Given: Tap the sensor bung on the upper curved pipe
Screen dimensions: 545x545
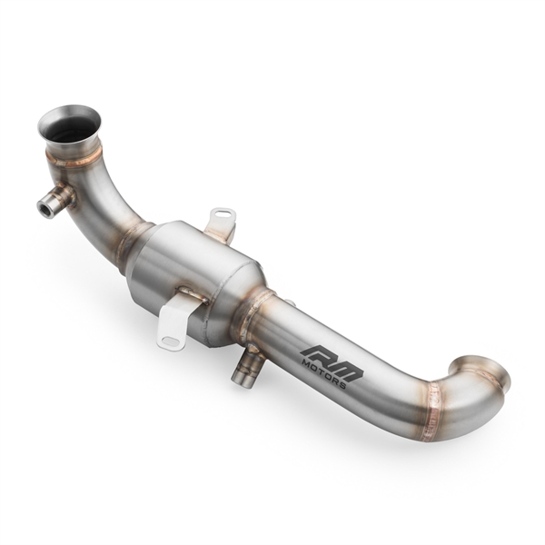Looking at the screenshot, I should (x=55, y=201).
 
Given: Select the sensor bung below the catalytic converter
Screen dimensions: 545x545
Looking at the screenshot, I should (x=246, y=367).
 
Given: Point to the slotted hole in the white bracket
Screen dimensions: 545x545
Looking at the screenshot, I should (x=170, y=341).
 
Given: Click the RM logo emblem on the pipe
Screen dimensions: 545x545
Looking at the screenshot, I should (x=332, y=358).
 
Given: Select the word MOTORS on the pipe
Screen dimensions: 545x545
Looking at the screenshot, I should (x=322, y=373).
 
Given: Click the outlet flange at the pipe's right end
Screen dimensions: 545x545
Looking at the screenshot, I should (x=486, y=372).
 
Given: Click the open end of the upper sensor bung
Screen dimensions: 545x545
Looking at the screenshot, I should (x=43, y=207).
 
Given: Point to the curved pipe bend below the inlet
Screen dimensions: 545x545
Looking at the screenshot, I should (x=104, y=195).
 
